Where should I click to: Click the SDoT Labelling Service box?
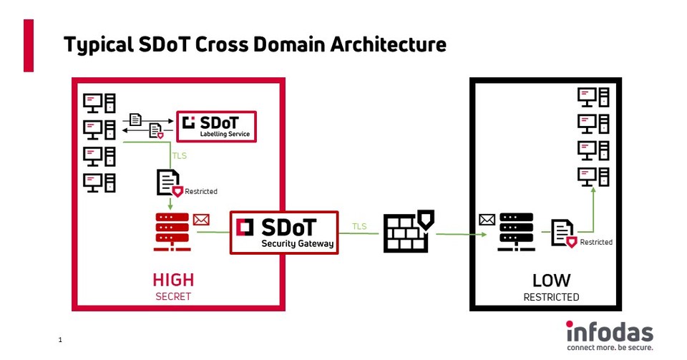click(216, 126)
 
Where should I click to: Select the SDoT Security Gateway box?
click(284, 233)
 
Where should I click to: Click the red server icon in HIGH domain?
click(171, 232)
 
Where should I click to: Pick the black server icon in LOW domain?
click(517, 232)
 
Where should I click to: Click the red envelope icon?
click(201, 220)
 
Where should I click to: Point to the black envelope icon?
click(487, 220)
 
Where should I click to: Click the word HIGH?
click(173, 280)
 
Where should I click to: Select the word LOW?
click(551, 280)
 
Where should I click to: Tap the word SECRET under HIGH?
click(173, 296)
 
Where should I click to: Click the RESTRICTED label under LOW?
click(551, 296)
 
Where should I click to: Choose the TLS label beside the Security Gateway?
click(359, 227)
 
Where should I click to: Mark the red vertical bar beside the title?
click(29, 45)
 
